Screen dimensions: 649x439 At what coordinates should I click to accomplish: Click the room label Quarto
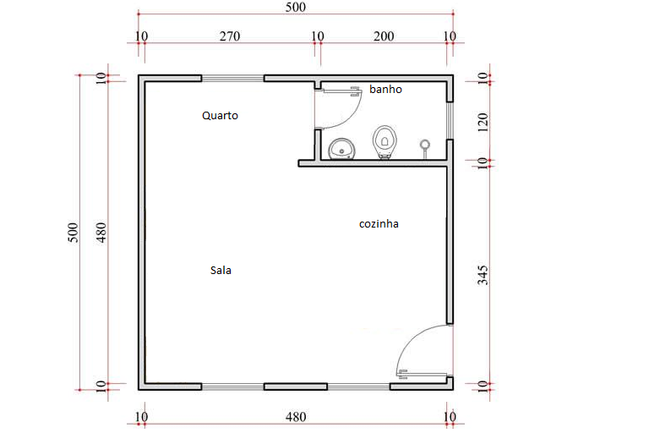220,116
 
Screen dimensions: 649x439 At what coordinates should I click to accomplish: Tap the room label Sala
221,271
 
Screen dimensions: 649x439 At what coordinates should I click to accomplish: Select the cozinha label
379,224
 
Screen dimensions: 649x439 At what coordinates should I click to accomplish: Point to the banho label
385,90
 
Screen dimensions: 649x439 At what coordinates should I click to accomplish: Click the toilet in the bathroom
384,142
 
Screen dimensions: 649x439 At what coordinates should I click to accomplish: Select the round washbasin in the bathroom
341,149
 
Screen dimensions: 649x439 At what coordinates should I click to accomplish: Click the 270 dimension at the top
230,36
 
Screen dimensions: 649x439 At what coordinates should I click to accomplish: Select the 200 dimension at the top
384,36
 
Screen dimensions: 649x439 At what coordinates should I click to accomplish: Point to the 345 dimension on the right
483,276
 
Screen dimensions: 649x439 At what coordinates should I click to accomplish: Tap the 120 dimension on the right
483,122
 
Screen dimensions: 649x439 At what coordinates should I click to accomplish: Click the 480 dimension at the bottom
296,417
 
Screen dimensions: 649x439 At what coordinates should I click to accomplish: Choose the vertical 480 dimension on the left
101,233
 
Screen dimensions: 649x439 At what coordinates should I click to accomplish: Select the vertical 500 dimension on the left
73,233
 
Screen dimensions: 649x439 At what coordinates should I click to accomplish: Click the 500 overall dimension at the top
296,7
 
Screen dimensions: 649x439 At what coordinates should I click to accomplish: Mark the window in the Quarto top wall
232,79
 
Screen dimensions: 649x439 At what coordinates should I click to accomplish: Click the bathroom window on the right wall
450,120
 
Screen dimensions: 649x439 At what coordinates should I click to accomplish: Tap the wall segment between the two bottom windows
296,387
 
